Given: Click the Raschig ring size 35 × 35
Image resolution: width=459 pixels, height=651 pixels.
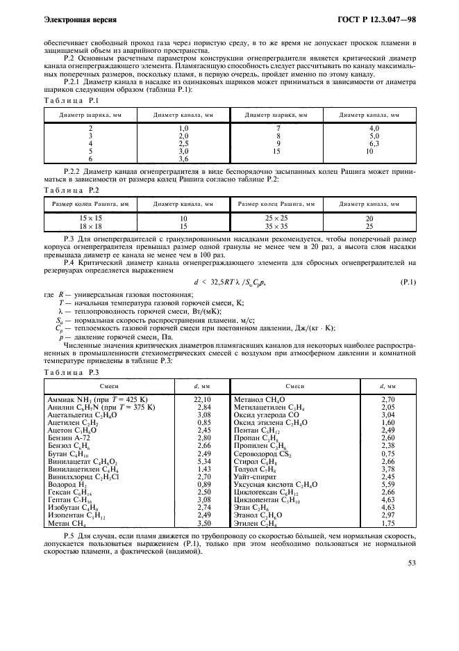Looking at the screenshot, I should click(276, 226).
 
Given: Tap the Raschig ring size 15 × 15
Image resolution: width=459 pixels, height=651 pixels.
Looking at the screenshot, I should click(91, 218).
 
